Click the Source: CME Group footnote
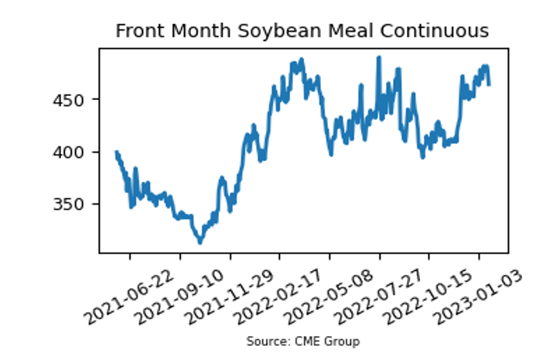point(303,341)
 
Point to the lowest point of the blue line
point(200,242)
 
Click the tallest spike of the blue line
point(379,57)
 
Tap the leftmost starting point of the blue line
point(116,153)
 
